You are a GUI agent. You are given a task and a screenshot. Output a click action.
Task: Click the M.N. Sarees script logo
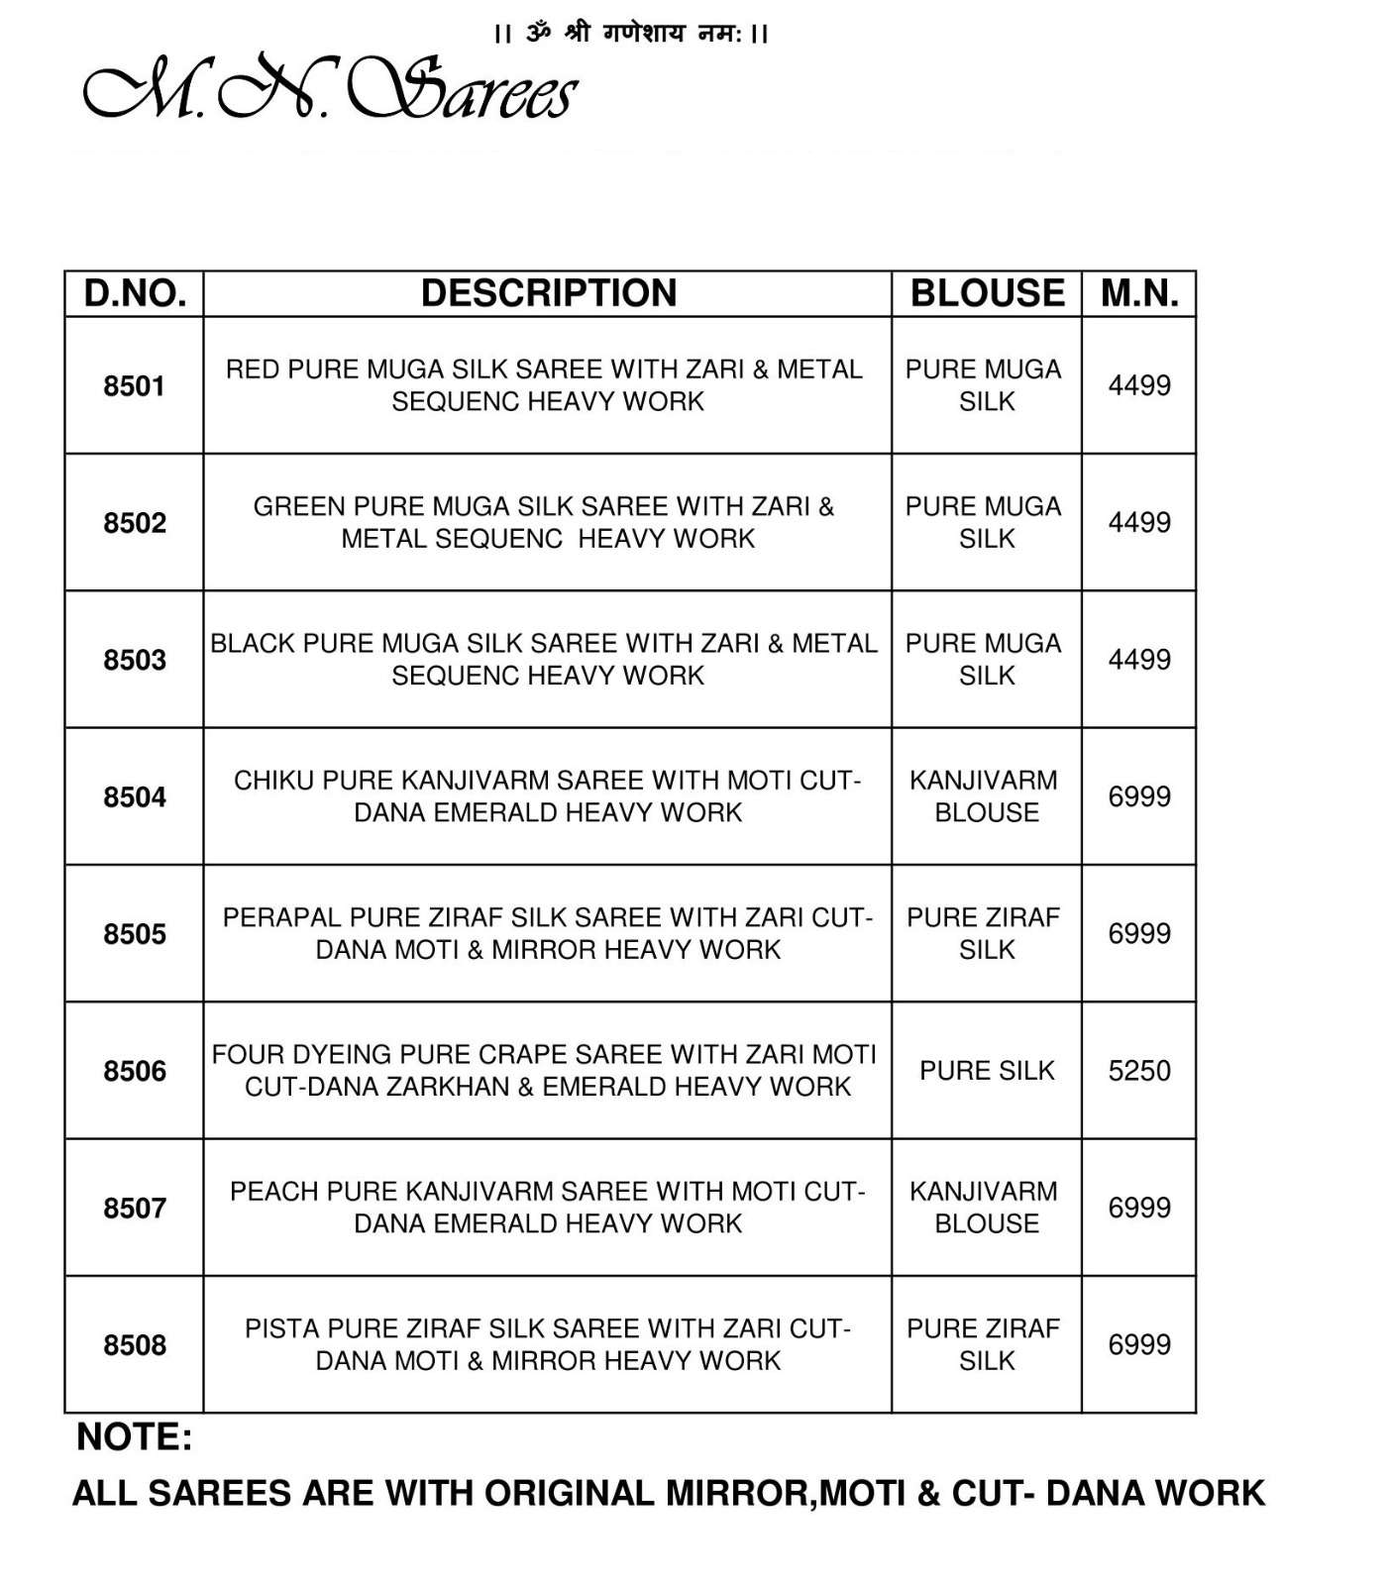click(329, 91)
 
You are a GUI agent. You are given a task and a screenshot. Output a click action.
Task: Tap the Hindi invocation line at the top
click(631, 34)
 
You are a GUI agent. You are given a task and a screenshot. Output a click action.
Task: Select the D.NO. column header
click(135, 294)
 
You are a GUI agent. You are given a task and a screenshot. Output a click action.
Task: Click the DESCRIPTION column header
click(548, 294)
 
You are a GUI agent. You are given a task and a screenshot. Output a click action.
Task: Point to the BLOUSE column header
click(987, 294)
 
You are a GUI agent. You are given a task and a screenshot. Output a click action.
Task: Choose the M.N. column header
click(1139, 294)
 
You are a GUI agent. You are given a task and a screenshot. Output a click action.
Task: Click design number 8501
click(135, 386)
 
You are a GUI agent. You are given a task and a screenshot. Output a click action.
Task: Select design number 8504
click(135, 797)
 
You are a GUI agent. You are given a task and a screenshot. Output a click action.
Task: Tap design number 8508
click(135, 1345)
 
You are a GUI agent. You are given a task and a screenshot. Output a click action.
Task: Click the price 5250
click(1139, 1071)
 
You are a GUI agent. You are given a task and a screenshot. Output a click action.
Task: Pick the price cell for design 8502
click(1139, 523)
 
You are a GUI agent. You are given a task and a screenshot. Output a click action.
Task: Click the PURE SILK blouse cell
click(987, 1071)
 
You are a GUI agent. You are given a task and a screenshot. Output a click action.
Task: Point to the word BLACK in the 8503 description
click(253, 644)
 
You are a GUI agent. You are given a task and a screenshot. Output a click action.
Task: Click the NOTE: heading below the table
click(134, 1437)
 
